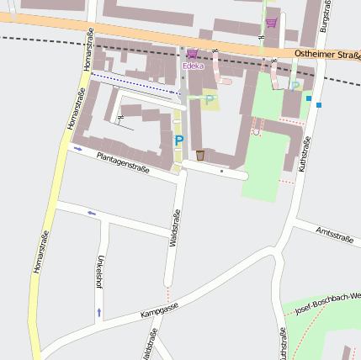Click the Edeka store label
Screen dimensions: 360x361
pyautogui.click(x=193, y=66)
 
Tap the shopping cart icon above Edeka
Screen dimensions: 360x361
pyautogui.click(x=192, y=54)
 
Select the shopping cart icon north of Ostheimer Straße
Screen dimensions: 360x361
pyautogui.click(x=272, y=23)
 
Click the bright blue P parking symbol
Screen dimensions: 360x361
pyautogui.click(x=178, y=141)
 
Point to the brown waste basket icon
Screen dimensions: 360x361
pyautogui.click(x=200, y=156)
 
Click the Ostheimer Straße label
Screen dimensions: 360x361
pyautogui.click(x=327, y=55)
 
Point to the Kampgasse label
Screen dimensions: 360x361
pyautogui.click(x=160, y=312)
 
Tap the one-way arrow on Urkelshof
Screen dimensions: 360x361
pyautogui.click(x=99, y=312)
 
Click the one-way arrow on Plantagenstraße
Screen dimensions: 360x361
pyautogui.click(x=78, y=148)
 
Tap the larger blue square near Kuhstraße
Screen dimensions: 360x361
pyautogui.click(x=319, y=105)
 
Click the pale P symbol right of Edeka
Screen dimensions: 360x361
pyautogui.click(x=210, y=100)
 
